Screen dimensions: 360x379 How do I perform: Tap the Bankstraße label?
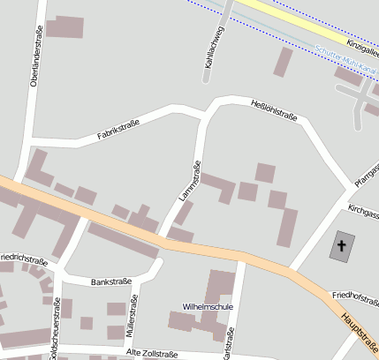[111, 281]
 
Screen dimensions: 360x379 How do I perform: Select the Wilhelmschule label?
[208, 306]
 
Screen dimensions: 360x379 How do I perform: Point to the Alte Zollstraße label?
[152, 353]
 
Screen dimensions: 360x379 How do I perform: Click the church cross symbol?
[341, 244]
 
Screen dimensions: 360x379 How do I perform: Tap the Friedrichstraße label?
[22, 259]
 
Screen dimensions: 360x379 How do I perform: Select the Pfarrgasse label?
[367, 173]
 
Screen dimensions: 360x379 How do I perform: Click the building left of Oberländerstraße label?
[64, 27]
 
